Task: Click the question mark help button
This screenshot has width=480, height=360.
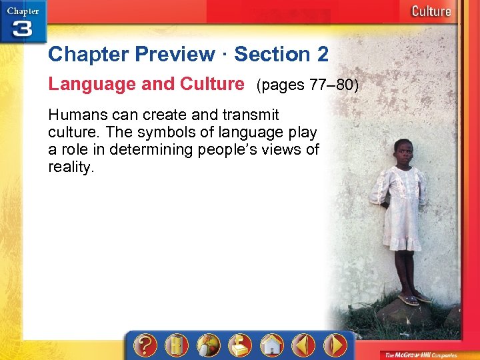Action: [145, 345]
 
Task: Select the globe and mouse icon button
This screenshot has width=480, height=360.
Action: [208, 345]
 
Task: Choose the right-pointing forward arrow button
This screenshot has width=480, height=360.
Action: [335, 345]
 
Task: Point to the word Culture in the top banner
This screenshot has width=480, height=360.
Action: [431, 11]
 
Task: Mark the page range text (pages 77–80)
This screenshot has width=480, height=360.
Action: [307, 85]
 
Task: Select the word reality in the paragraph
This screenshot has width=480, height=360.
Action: [71, 167]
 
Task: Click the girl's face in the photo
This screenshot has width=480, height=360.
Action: [403, 152]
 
